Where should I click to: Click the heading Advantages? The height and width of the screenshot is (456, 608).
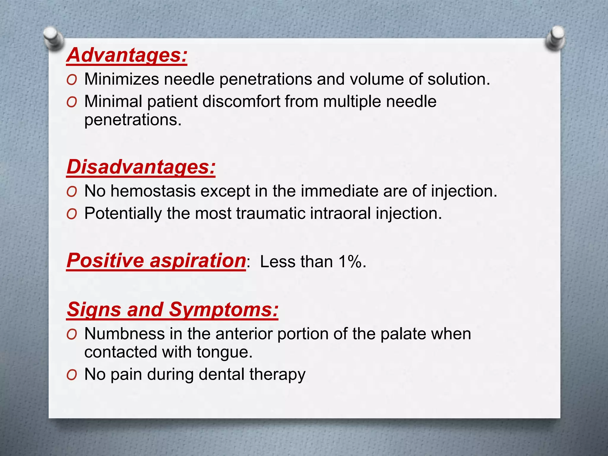click(x=127, y=55)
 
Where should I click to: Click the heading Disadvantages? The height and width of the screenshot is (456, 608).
click(x=141, y=167)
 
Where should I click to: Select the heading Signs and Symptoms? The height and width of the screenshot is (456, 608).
click(x=172, y=309)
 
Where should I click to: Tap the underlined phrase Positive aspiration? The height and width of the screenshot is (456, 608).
click(x=156, y=261)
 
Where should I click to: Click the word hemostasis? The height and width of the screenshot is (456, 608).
click(x=153, y=191)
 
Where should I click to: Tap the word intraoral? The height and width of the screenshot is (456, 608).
click(x=338, y=213)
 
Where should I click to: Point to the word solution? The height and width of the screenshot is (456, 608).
click(x=458, y=79)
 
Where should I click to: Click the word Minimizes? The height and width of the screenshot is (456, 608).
click(x=121, y=79)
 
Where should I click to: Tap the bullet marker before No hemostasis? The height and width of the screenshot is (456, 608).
click(x=72, y=192)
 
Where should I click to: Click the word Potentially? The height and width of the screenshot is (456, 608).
click(x=123, y=213)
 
